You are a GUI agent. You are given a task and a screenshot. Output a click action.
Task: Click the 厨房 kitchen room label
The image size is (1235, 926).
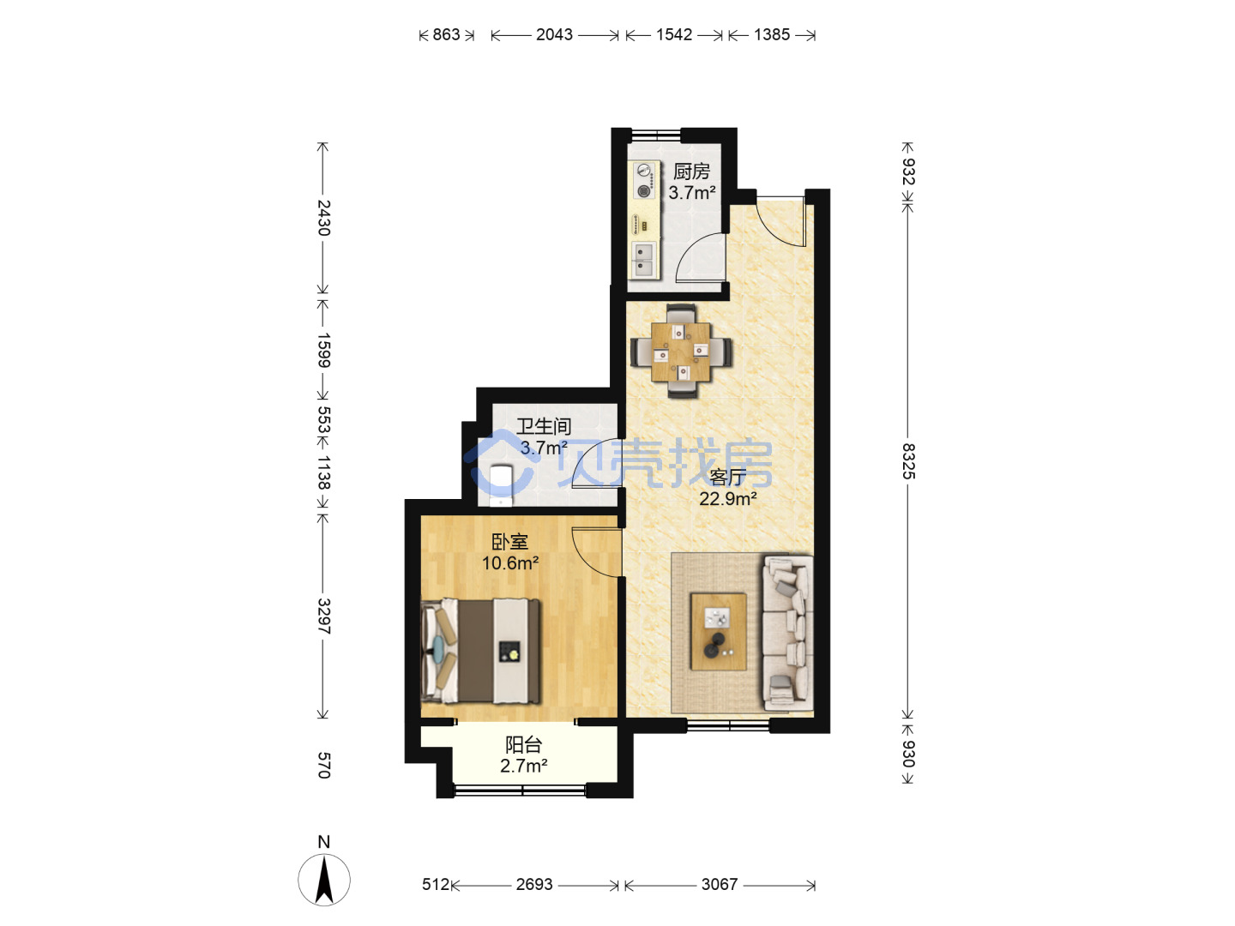point(691,171)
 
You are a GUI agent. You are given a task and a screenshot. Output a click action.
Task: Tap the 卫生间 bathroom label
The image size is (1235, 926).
point(544,426)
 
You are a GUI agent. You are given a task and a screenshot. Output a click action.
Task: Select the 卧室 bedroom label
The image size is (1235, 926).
point(509,541)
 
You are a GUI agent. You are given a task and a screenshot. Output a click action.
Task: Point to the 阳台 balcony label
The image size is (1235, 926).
point(523,744)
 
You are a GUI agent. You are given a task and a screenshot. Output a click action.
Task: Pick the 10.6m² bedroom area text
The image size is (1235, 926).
point(509,562)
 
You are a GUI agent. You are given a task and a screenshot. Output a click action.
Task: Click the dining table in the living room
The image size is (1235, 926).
point(681,352)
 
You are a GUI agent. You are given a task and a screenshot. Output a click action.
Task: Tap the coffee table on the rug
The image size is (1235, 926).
point(719,631)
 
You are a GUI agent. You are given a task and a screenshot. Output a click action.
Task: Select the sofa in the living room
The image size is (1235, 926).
point(787,634)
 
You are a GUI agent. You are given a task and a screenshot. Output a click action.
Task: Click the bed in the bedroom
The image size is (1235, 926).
point(481,651)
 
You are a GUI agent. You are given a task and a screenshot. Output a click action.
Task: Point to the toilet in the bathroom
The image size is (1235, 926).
point(501,484)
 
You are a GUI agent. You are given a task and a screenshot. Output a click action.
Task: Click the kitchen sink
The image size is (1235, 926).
point(644,259)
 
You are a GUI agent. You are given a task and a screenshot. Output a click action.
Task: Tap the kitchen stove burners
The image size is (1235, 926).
point(644,180)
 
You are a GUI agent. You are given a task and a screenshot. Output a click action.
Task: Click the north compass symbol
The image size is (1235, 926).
point(324,880)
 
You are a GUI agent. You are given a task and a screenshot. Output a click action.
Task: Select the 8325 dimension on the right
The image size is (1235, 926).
point(907,461)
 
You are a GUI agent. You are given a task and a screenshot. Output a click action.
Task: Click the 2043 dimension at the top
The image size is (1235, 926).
point(554,35)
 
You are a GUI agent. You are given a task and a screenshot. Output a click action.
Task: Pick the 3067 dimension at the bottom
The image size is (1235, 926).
point(719,884)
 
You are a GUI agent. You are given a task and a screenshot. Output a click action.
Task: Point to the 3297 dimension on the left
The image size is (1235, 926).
point(323,616)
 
